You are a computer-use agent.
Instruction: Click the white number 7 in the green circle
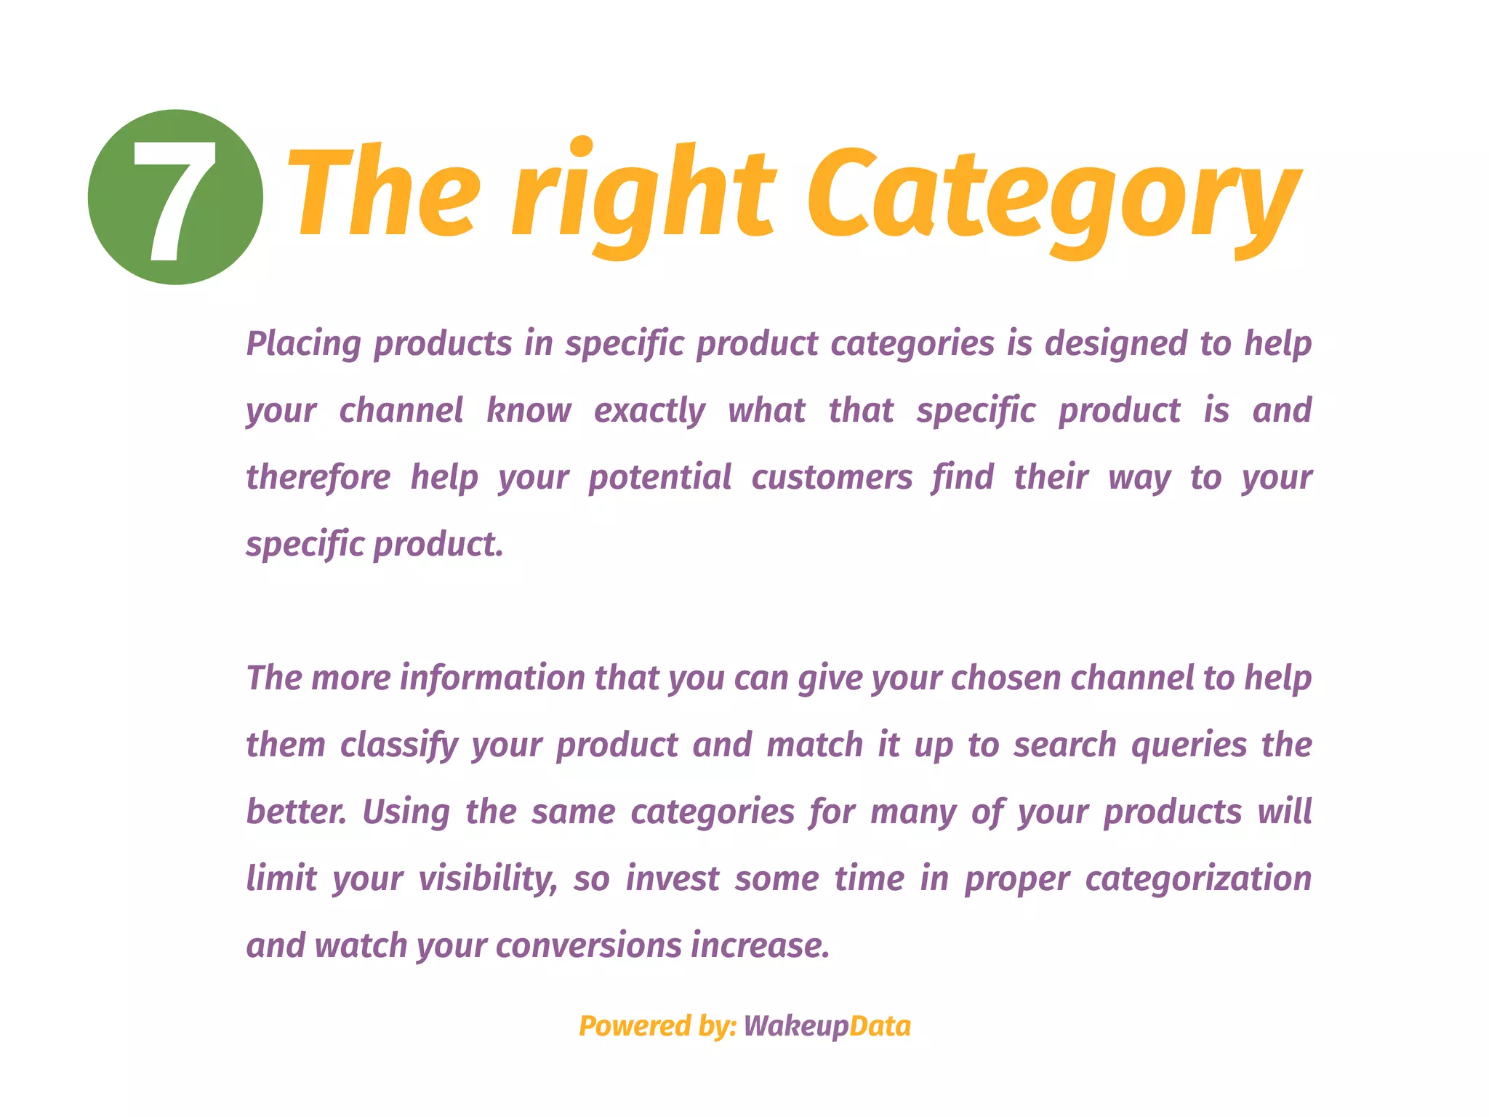point(174,199)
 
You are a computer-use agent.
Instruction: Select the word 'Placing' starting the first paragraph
point(303,344)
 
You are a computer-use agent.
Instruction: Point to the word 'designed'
point(1116,344)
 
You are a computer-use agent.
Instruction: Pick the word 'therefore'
point(318,478)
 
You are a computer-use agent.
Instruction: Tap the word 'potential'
point(659,478)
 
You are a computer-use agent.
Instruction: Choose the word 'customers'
point(832,478)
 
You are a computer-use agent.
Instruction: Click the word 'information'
point(492,678)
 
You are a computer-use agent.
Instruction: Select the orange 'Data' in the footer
point(880,1026)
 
